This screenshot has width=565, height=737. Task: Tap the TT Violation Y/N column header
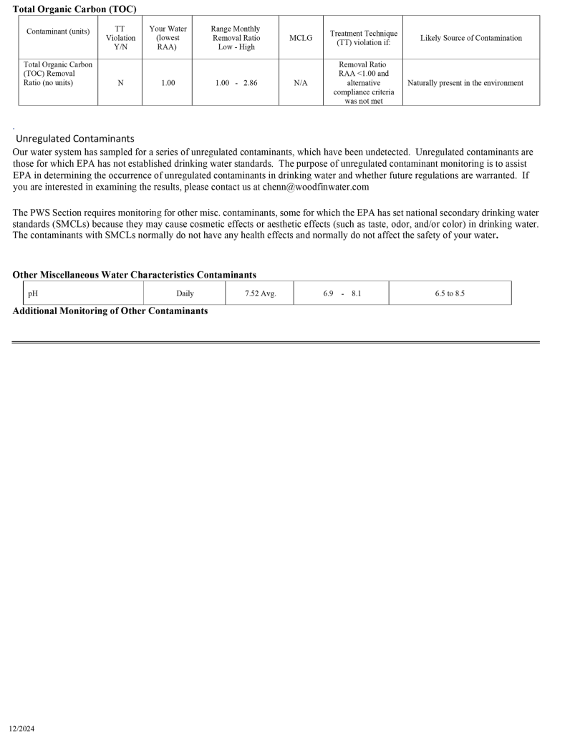120,38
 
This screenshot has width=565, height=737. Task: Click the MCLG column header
301,38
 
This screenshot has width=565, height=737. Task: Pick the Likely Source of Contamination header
470,38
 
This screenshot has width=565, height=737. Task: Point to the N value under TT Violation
120,83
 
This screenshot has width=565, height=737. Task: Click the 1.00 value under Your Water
168,83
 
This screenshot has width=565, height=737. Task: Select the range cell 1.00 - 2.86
236,83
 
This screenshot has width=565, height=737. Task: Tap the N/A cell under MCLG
301,83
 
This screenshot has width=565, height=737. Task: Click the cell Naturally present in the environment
465,83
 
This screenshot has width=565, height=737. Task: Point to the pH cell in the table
33,293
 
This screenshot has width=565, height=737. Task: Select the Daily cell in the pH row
185,293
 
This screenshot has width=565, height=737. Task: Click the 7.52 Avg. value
260,293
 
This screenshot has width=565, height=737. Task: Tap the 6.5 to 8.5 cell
450,293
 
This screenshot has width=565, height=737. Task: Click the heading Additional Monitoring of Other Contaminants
110,311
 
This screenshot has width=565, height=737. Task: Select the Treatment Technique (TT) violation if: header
363,38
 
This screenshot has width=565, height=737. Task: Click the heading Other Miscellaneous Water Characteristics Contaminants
135,275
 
